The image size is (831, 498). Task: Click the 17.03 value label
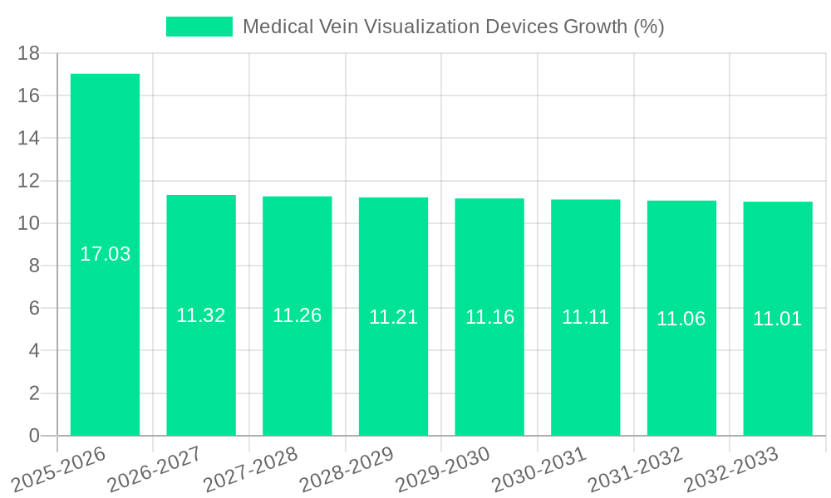[x=105, y=254]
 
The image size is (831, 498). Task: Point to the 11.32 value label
[x=201, y=315]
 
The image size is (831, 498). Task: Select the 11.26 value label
[x=297, y=315]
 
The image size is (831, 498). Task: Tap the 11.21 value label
[x=393, y=317]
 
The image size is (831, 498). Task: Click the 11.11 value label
[x=586, y=317]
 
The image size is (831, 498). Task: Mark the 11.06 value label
[x=681, y=319]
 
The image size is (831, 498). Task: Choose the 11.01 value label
[x=778, y=319]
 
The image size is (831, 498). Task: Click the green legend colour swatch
[x=199, y=27]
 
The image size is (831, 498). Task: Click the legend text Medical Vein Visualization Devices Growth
[x=453, y=27]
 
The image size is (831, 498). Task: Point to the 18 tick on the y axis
[x=29, y=53]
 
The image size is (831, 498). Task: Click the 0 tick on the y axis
[x=34, y=436]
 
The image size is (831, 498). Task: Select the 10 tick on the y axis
[x=29, y=223]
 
